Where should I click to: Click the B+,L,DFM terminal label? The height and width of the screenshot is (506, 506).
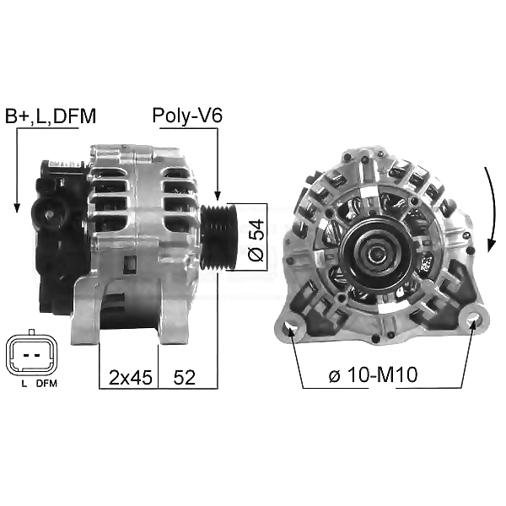[51, 116]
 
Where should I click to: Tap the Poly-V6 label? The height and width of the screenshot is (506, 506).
[187, 116]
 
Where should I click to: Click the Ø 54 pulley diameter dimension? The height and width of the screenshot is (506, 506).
[256, 240]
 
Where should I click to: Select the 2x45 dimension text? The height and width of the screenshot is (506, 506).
[131, 377]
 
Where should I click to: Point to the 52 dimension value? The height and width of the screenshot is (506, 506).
[184, 377]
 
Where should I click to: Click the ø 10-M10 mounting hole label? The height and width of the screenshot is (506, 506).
[373, 374]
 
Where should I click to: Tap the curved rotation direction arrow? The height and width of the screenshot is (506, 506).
[493, 209]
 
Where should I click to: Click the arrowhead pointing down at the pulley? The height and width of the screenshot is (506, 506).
[218, 196]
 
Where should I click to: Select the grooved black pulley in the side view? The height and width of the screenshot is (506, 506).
[219, 237]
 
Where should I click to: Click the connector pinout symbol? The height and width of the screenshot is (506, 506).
[32, 355]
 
